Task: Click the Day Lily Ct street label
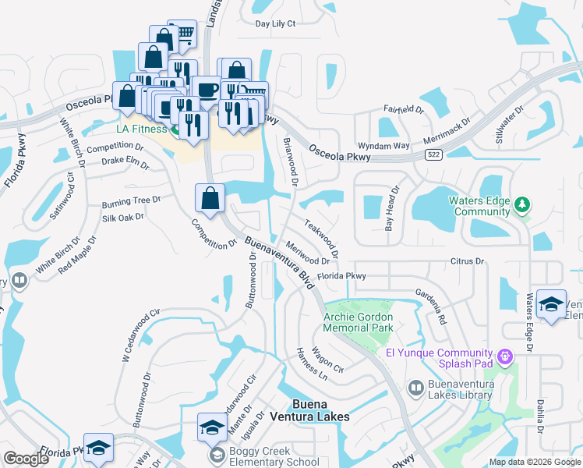[x=276, y=23]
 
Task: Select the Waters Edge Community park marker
[x=522, y=205]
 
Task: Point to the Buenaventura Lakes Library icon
[x=416, y=388]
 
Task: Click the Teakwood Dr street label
[x=321, y=237]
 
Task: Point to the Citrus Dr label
[x=467, y=261]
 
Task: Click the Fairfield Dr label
[x=402, y=110]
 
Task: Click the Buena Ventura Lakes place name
[x=320, y=410]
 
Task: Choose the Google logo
[x=26, y=459]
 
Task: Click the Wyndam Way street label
[x=383, y=146]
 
